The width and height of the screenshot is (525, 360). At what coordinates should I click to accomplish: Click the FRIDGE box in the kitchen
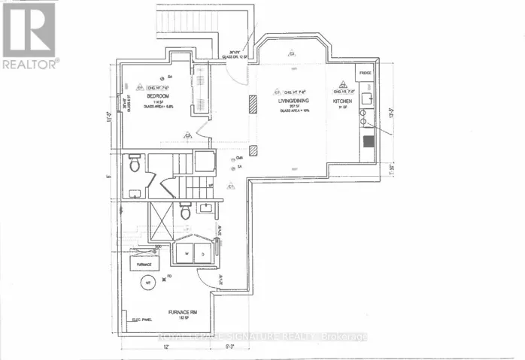(x=365, y=74)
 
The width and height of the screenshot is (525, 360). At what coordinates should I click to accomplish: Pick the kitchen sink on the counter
(x=367, y=97)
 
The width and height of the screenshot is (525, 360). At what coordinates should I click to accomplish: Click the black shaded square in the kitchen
(x=369, y=141)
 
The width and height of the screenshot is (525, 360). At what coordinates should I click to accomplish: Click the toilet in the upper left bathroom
(x=135, y=163)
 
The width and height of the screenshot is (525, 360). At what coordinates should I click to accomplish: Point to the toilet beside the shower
(x=185, y=212)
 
